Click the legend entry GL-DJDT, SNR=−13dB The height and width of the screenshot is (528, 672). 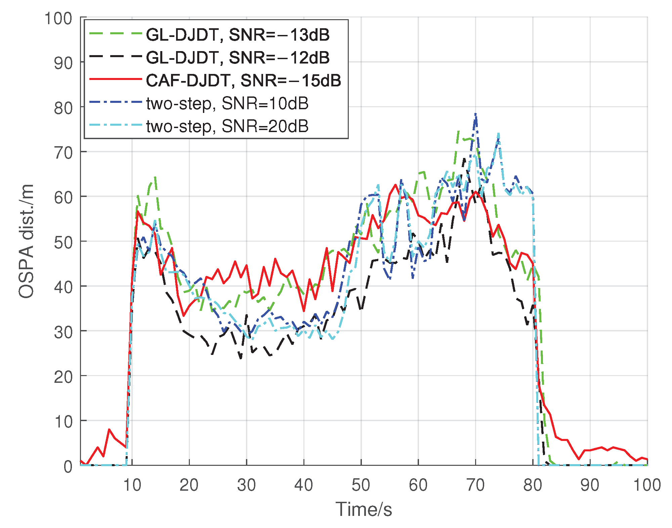tap(238, 35)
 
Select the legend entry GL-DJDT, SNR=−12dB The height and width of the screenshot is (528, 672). tap(238, 57)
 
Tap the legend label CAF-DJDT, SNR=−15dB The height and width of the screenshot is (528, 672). tap(243, 80)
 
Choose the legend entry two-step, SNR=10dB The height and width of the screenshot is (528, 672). tap(227, 103)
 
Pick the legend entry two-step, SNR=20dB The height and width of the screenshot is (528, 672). tap(227, 126)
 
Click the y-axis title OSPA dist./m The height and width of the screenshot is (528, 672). tap(26, 241)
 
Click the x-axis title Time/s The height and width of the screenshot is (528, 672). tap(364, 509)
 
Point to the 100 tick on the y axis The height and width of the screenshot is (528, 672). tap(58, 18)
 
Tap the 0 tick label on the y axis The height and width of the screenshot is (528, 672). tap(68, 466)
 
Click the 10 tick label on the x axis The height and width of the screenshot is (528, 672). tap(132, 485)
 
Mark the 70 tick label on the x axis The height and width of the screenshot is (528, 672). tap(475, 485)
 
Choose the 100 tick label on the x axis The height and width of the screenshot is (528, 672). tap(647, 485)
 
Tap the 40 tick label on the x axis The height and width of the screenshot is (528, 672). tap(304, 485)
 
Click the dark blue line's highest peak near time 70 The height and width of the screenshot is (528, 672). tap(475, 114)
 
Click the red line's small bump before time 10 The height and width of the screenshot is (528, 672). tap(109, 430)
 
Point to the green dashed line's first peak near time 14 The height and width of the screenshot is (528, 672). tap(155, 177)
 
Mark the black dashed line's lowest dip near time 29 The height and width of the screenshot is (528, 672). tap(241, 358)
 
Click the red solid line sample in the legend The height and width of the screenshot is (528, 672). tap(115, 79)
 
